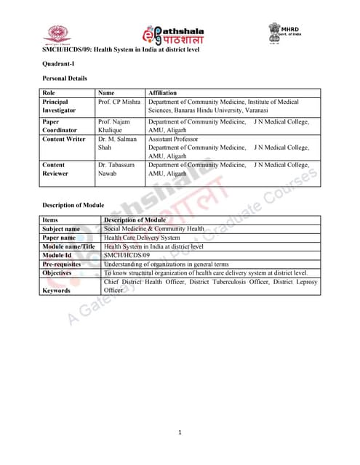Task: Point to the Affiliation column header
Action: coord(163,93)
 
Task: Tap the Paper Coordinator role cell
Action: coord(60,126)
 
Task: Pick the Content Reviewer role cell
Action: coord(60,169)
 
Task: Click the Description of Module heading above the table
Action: coord(73,205)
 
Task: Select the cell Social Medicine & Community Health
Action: coord(154,228)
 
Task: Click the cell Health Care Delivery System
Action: coord(142,237)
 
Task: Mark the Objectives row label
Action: coord(57,273)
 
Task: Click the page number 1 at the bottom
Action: coord(180,433)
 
